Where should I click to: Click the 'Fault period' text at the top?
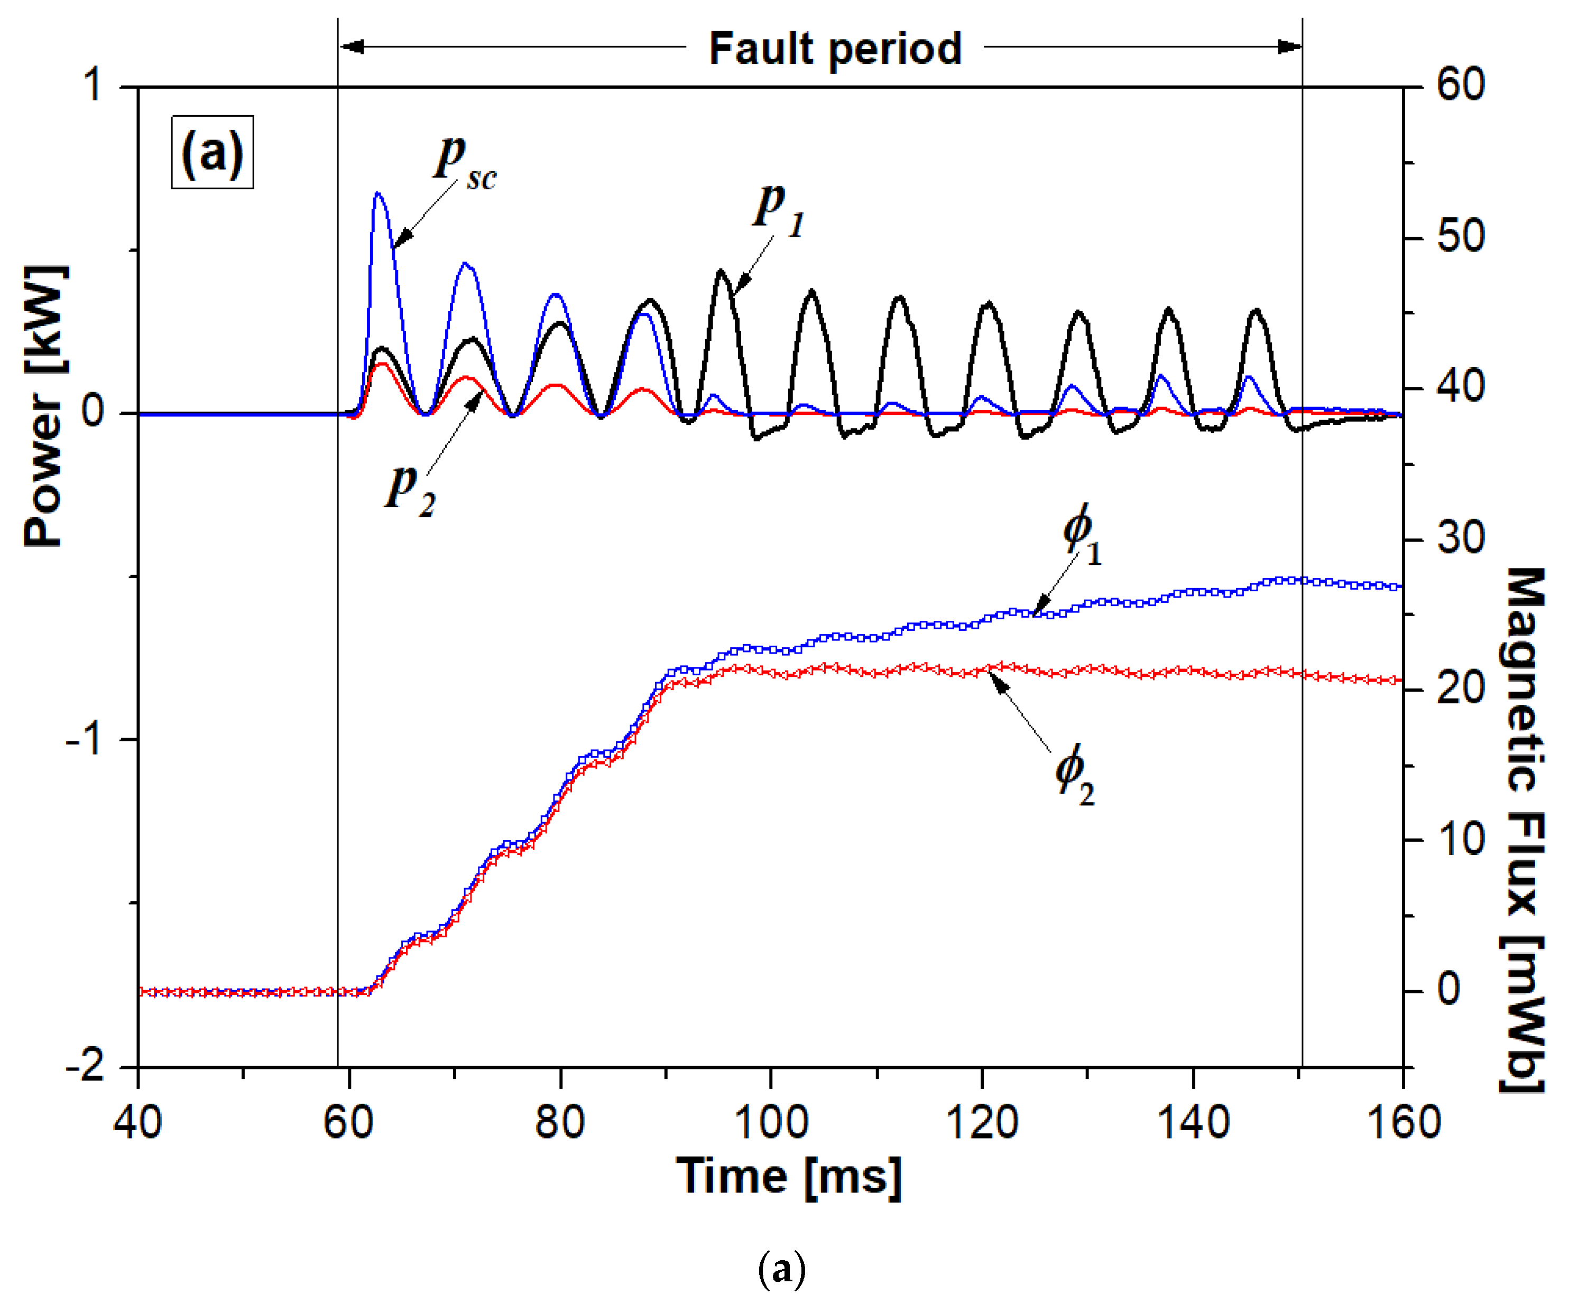click(x=835, y=49)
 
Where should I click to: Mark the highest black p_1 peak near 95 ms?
click(x=721, y=271)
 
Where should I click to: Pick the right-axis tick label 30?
click(x=1461, y=538)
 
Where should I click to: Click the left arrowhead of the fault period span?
click(x=351, y=47)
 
